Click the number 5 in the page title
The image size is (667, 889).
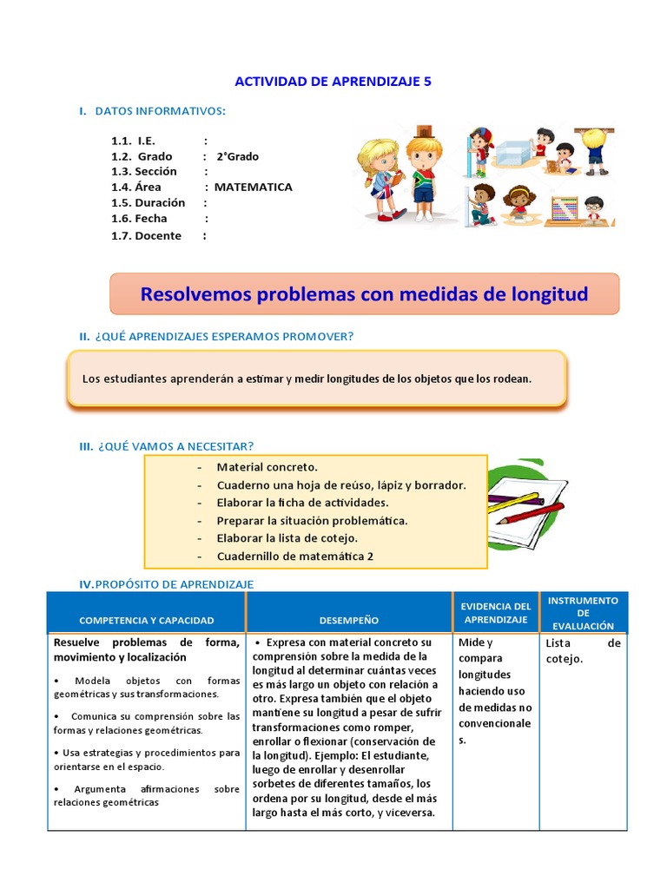click(x=426, y=81)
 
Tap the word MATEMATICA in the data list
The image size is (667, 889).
click(x=253, y=187)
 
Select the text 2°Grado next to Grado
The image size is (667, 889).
click(x=237, y=156)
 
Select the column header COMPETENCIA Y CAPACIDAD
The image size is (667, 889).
click(x=146, y=621)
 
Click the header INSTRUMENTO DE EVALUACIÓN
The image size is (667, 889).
click(x=583, y=613)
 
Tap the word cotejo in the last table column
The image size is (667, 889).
click(x=565, y=659)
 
